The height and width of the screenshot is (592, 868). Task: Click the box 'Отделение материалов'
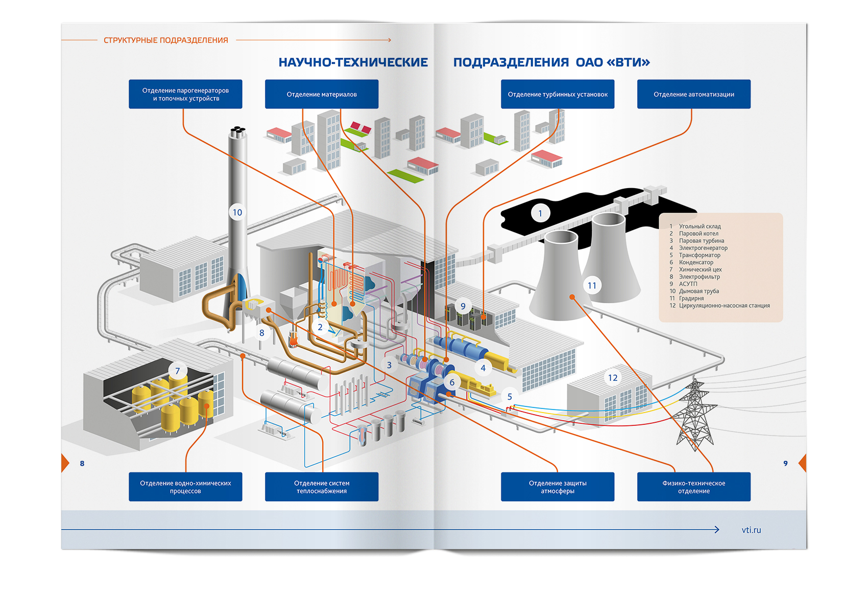point(322,94)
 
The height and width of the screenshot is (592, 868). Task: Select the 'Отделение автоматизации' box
point(693,94)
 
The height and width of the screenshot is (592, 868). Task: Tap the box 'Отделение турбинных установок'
point(558,94)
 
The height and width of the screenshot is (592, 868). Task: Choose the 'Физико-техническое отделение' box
point(693,487)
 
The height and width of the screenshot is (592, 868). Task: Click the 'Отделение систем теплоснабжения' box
point(322,487)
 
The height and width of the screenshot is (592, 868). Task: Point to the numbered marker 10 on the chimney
point(237,212)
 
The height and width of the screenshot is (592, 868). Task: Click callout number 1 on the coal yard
point(540,213)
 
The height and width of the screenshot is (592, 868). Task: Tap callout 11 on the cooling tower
point(592,286)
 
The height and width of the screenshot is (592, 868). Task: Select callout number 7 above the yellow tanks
point(178,371)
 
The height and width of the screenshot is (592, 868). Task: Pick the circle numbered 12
point(613,377)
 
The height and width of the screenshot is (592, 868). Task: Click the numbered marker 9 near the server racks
point(463,306)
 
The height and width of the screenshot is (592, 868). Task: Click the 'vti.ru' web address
point(752,530)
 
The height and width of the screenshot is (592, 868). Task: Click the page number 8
point(82,463)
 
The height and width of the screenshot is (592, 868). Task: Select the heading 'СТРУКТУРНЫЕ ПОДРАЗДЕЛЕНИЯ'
point(166,40)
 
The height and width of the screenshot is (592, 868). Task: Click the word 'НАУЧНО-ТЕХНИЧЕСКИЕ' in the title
point(353,62)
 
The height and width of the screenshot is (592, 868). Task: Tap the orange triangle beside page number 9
point(803,463)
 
